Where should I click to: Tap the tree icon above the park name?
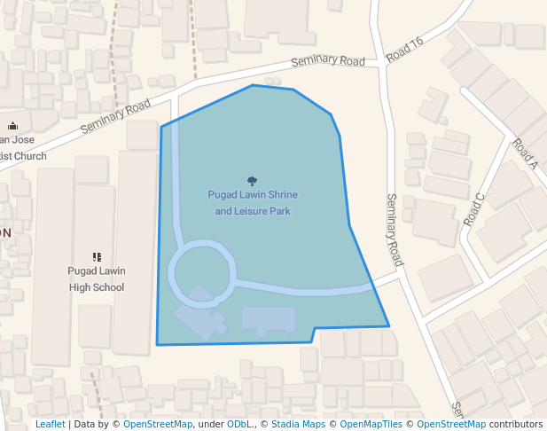click(253, 181)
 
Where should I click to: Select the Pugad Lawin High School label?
click(97, 279)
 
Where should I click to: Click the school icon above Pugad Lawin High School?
click(97, 257)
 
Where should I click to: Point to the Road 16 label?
click(405, 50)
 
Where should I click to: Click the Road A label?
click(526, 153)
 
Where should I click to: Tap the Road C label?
click(474, 209)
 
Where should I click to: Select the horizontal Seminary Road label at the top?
click(328, 61)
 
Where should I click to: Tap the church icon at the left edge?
click(12, 126)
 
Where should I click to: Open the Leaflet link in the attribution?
click(50, 424)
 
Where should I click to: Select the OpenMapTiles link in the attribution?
click(367, 424)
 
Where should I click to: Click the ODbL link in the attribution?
click(238, 424)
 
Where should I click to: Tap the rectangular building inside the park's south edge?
click(269, 320)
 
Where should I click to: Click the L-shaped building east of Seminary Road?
click(434, 105)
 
